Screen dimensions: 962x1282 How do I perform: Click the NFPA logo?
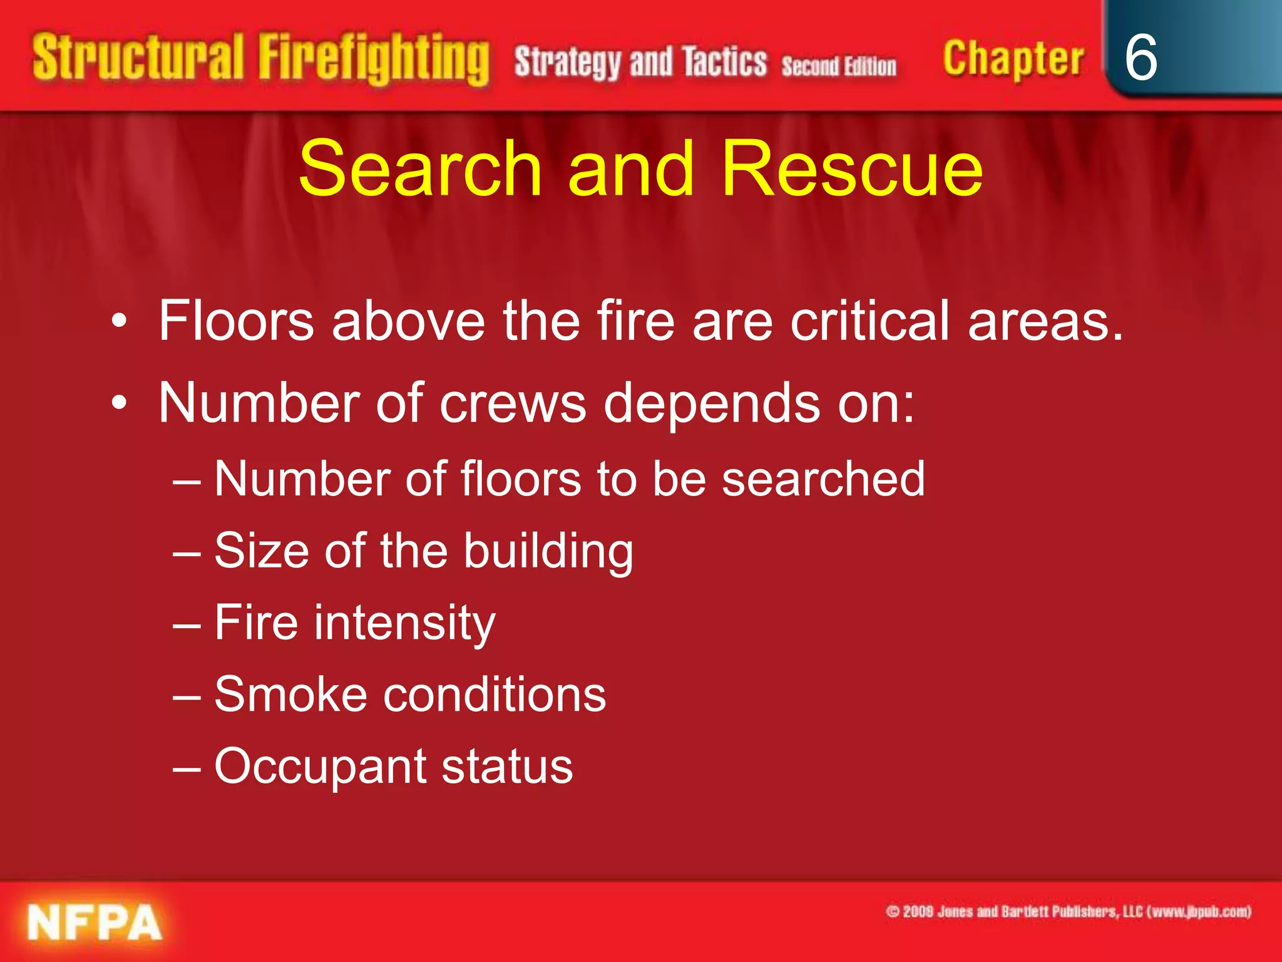(x=95, y=922)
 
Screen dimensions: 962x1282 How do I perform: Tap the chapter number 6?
(x=1141, y=58)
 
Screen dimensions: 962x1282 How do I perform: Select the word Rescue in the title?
(x=852, y=168)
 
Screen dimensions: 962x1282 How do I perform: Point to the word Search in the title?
(x=420, y=168)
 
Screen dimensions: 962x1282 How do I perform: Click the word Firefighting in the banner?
(x=374, y=59)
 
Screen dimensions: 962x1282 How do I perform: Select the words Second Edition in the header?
(x=839, y=66)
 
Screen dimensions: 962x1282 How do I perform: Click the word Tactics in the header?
(x=724, y=63)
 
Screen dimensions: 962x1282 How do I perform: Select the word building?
(x=548, y=552)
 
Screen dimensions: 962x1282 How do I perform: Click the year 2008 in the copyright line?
(x=918, y=912)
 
